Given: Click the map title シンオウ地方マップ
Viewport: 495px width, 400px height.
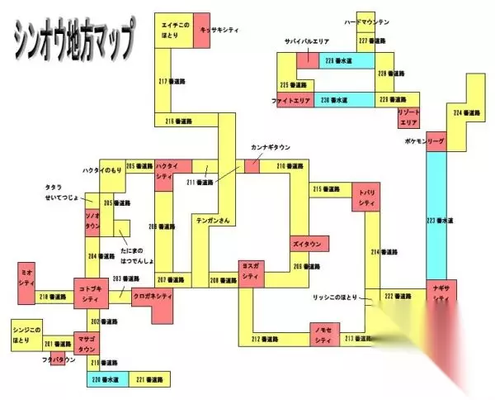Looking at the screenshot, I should [73, 39].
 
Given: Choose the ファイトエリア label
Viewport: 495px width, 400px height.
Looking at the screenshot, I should [290, 100].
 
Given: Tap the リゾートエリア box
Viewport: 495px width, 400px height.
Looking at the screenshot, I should [409, 117].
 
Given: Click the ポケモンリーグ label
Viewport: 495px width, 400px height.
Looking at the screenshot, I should [425, 141].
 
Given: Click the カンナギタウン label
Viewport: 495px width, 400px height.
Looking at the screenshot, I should [271, 148].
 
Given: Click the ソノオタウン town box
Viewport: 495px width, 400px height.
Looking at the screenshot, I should [92, 220].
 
